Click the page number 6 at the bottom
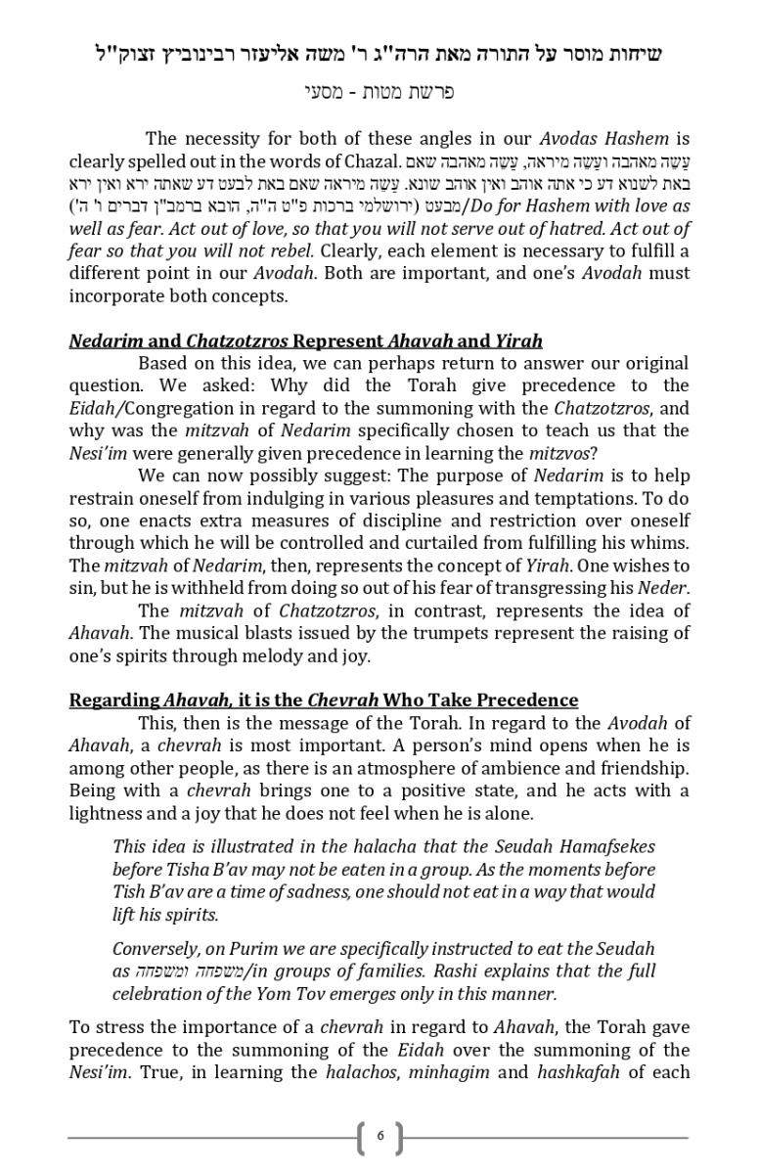[380, 1137]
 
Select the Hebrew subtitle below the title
[379, 93]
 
